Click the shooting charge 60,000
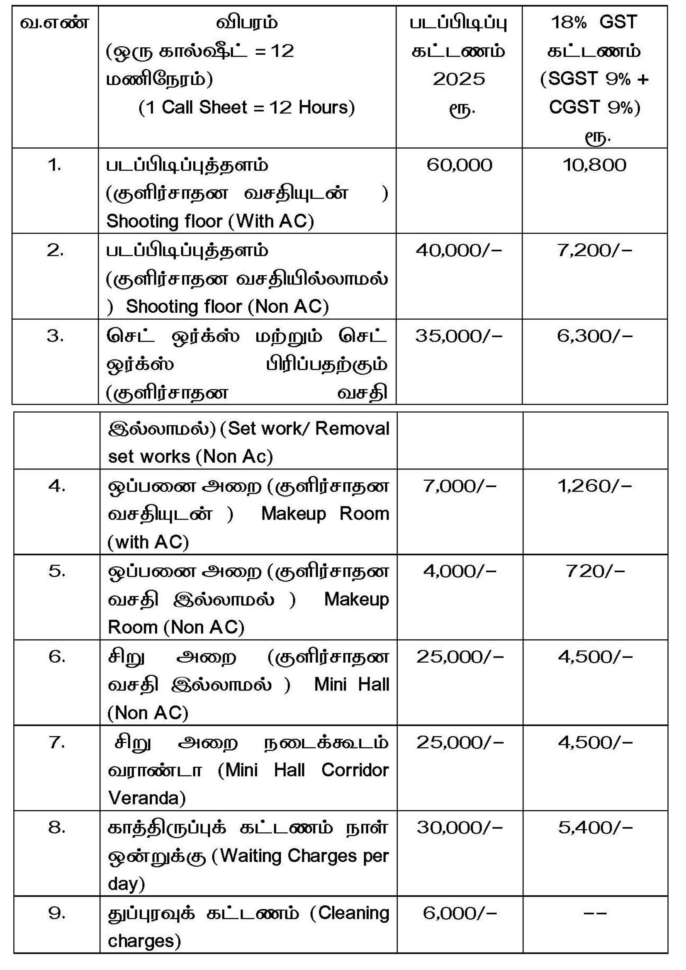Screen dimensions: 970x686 (x=459, y=165)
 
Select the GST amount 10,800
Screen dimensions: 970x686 (x=594, y=165)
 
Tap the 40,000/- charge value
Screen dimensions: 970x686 (x=459, y=250)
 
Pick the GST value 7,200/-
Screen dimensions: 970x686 (x=594, y=250)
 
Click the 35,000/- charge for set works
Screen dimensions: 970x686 (x=459, y=336)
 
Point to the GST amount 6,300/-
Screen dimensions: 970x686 (x=594, y=336)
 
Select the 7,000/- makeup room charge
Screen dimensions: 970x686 (x=460, y=486)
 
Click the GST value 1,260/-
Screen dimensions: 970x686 (x=594, y=486)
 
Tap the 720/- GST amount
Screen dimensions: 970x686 (x=595, y=571)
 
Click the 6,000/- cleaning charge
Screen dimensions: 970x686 (x=460, y=913)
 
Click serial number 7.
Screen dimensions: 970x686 (x=56, y=742)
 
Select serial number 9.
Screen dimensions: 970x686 (x=56, y=913)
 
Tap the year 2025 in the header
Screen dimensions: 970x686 (x=459, y=79)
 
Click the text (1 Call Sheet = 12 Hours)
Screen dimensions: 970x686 (x=247, y=107)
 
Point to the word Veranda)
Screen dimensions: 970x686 (x=146, y=798)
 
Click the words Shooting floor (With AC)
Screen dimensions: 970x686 (x=210, y=221)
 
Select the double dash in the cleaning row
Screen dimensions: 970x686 (x=595, y=913)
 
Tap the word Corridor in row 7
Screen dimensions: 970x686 (x=355, y=770)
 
